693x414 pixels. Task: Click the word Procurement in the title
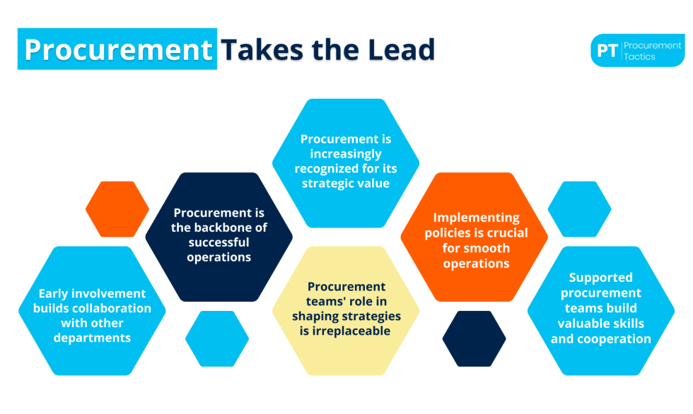[118, 49]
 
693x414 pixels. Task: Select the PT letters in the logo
[607, 51]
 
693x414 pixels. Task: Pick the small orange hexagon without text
[117, 209]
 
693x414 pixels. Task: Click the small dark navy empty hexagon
[474, 338]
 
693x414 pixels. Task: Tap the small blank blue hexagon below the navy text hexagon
[217, 338]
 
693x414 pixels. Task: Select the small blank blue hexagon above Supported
[580, 209]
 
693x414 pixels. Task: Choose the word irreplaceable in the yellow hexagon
[346, 331]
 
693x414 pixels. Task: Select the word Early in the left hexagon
[54, 293]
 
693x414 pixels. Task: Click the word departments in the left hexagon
[92, 338]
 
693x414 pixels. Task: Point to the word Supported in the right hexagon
[600, 278]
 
